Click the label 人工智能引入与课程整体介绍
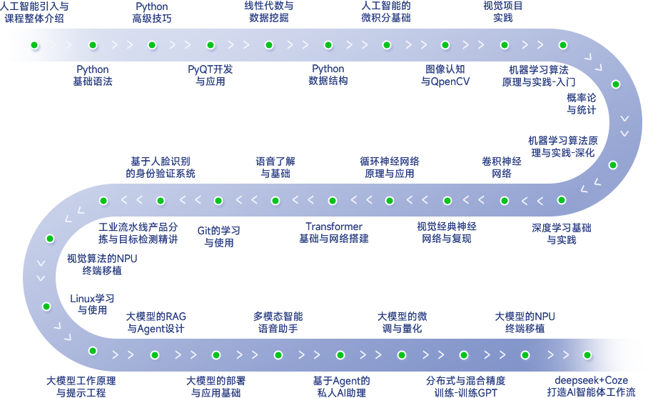[x=34, y=12]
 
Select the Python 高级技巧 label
[x=151, y=12]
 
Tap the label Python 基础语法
[x=93, y=75]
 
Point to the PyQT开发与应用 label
[x=211, y=75]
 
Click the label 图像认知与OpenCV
[x=445, y=76]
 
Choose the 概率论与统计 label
[x=582, y=104]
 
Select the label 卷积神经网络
[x=502, y=167]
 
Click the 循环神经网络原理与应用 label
[x=390, y=167]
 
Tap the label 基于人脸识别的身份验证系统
[x=161, y=167]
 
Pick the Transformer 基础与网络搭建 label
[x=334, y=232]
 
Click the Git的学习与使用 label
[x=219, y=237]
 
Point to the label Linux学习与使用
[x=92, y=304]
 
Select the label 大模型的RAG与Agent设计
[x=156, y=322]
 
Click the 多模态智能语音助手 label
[x=278, y=322]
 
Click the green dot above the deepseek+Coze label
[x=587, y=355]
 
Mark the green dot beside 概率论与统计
[x=616, y=84]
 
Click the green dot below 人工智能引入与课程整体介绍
[x=34, y=45]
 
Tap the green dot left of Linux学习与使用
[x=46, y=307]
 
